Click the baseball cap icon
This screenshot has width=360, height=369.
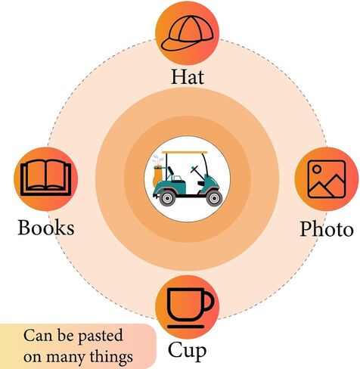coord(187,33)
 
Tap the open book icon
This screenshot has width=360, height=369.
coord(45,178)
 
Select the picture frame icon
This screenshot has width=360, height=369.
coord(327,178)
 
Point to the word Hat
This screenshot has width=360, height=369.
coord(188,76)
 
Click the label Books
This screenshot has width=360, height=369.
coord(46,228)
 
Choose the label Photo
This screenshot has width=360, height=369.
coord(327,228)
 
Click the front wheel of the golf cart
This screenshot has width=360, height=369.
coord(214,198)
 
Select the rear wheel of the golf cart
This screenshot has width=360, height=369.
coord(167,198)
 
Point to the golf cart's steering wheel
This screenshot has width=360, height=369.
coord(195,170)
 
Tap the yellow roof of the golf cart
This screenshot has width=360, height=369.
coord(185,152)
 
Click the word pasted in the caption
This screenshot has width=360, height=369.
coord(101,336)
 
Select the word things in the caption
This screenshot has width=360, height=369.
coord(111,357)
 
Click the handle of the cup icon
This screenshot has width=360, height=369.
coord(208,301)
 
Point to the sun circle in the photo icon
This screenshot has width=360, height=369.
coord(317,169)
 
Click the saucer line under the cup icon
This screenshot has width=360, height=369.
coord(186,327)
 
